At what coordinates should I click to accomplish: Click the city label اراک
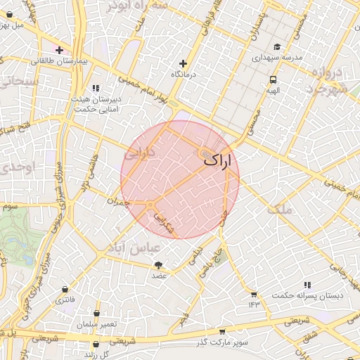(217, 161)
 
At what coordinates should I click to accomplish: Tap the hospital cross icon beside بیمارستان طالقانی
(60, 51)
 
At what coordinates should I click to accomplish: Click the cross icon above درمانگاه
(184, 63)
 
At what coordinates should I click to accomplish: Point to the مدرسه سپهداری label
(277, 56)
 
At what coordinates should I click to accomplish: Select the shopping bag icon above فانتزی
(65, 289)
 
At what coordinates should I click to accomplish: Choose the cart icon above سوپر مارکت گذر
(223, 331)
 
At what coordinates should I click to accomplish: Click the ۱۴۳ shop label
(254, 304)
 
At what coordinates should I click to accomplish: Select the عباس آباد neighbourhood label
(134, 249)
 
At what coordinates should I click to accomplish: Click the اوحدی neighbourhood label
(14, 168)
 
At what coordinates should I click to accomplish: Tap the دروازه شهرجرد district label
(328, 81)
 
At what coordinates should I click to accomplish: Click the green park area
(15, 236)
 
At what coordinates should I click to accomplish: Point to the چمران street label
(118, 202)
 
